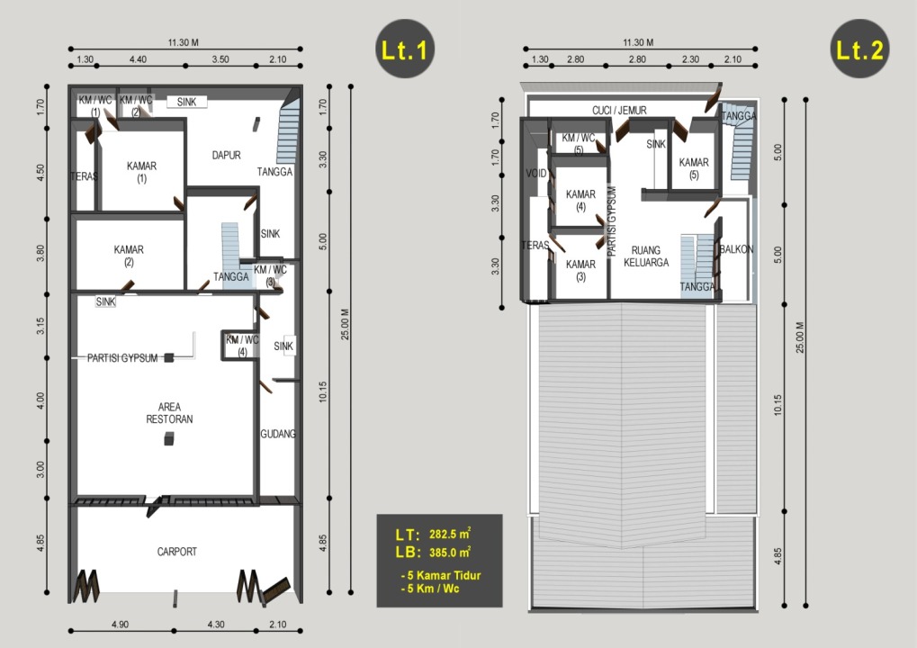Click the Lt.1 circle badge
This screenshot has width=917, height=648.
coord(405,49)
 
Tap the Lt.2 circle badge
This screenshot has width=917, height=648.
coord(859,49)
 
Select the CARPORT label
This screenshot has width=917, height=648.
coord(177,552)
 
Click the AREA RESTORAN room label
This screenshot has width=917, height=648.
coord(169,413)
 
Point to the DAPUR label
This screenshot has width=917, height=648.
coord(227,155)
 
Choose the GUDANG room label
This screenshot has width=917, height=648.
coord(278,434)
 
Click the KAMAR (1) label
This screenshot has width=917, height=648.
coord(141,172)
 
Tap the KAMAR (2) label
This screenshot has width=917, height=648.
coord(129,256)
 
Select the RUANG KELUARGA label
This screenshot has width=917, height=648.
coord(646,256)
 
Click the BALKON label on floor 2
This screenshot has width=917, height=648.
coord(736,249)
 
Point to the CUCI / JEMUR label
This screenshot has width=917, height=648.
coord(619,110)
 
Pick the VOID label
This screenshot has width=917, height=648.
coord(535,173)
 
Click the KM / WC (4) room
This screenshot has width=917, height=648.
coord(241,346)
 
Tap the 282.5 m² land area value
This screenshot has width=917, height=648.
coord(450,534)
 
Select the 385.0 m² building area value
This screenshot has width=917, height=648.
coord(450,552)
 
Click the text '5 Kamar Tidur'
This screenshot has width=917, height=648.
coord(444,575)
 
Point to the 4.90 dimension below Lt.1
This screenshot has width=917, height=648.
coord(120,624)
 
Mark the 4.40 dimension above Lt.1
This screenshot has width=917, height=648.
coord(138,59)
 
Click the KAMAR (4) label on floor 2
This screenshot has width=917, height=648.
coord(580,200)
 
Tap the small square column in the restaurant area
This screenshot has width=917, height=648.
coord(169,438)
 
